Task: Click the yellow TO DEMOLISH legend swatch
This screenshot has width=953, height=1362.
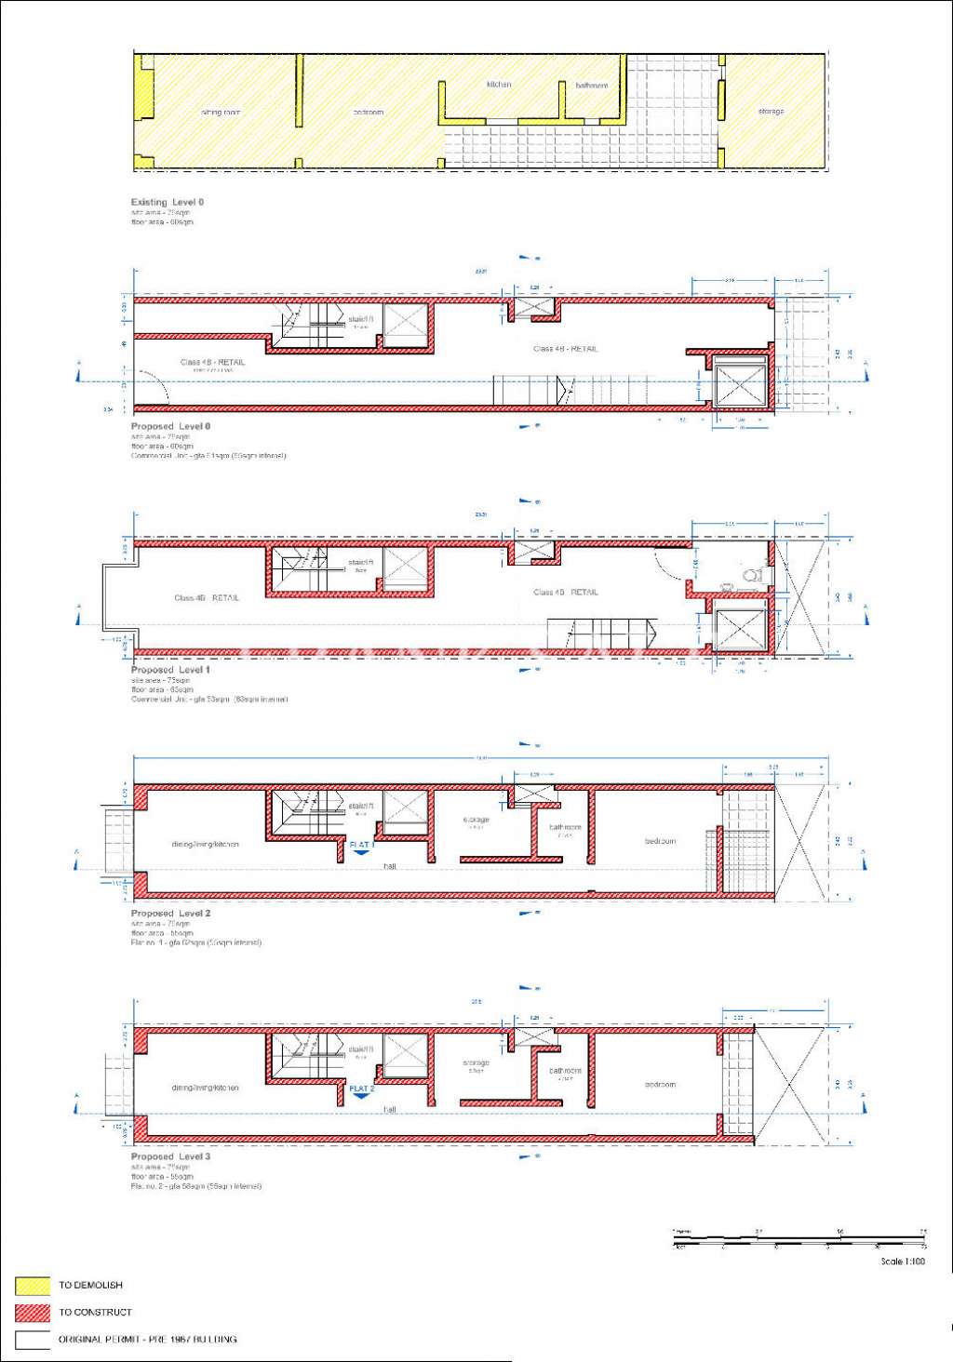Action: [x=33, y=1286]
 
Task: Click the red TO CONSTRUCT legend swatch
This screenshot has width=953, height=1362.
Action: [x=33, y=1313]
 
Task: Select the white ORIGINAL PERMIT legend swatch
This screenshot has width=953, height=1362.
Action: [x=33, y=1340]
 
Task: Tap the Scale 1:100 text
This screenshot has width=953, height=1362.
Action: [x=903, y=1262]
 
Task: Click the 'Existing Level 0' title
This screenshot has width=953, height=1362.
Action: [x=168, y=202]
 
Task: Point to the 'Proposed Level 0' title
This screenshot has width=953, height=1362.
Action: [x=170, y=426]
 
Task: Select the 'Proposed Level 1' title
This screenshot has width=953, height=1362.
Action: [x=170, y=670]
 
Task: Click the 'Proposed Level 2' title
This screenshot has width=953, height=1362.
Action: [x=170, y=914]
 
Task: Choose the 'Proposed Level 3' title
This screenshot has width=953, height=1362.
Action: [x=170, y=1156]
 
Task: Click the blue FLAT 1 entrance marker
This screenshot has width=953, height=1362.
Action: [x=361, y=847]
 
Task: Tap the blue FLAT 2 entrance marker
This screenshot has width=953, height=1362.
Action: [x=361, y=1090]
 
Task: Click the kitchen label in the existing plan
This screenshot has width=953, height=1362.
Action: [x=499, y=85]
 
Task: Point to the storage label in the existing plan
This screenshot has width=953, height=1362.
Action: [x=771, y=112]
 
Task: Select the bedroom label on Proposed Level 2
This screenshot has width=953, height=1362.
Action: [x=660, y=841]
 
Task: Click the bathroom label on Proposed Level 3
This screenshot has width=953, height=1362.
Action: [x=565, y=1071]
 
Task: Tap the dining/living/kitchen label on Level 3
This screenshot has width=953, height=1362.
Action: [x=205, y=1088]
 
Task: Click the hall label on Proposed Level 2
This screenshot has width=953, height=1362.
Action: [x=390, y=866]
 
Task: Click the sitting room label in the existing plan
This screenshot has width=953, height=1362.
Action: [x=221, y=113]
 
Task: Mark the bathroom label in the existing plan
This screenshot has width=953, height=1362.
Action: [x=591, y=86]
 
